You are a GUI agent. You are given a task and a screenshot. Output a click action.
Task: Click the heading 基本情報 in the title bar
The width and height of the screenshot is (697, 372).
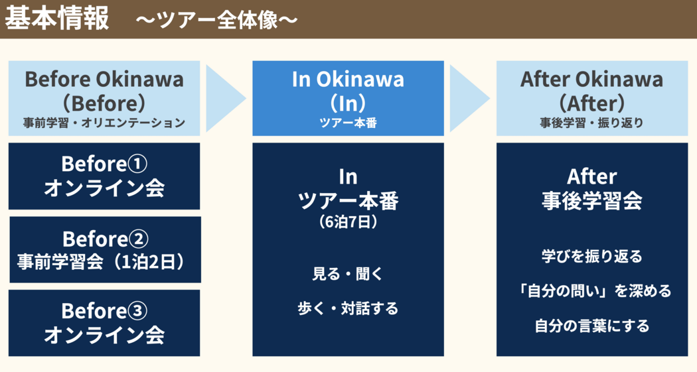pos(56,19)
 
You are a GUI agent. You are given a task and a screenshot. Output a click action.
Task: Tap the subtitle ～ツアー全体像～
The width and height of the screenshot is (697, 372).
pos(216,21)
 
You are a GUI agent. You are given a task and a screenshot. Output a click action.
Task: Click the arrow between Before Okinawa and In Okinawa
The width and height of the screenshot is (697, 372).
pos(226,98)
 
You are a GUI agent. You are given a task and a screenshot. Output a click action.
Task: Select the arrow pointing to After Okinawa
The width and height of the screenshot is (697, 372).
pos(469,98)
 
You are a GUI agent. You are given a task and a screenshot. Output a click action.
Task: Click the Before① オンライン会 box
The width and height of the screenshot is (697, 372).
pos(104,176)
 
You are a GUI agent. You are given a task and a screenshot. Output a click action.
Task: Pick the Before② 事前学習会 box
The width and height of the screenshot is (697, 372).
pos(105,249)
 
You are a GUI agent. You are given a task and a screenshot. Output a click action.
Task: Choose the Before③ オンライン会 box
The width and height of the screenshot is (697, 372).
pos(104,323)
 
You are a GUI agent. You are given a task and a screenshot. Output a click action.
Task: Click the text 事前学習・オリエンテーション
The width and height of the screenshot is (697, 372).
pos(104,123)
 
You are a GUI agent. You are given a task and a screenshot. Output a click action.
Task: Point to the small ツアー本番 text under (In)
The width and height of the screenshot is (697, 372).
pos(348,123)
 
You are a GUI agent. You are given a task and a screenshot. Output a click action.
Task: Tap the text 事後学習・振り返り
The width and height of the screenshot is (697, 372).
pos(591,123)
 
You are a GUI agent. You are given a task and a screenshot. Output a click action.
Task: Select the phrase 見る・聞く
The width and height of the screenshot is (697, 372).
pos(348,274)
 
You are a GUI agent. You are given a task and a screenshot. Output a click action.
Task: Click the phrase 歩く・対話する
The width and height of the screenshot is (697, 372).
pos(348,308)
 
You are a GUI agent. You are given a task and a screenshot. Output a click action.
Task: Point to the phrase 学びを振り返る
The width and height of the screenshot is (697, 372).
pos(591,256)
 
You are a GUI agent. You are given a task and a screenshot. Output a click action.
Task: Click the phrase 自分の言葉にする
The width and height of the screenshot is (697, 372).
pos(591,326)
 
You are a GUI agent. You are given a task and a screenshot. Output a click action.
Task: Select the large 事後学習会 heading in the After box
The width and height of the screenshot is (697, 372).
pos(591,200)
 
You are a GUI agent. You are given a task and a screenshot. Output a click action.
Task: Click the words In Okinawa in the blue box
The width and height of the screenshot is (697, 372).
pos(348,80)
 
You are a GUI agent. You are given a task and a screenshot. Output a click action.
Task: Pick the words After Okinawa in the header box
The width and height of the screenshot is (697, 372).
pos(591,80)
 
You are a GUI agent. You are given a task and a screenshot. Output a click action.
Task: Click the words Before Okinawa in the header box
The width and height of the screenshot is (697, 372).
pos(104,80)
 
